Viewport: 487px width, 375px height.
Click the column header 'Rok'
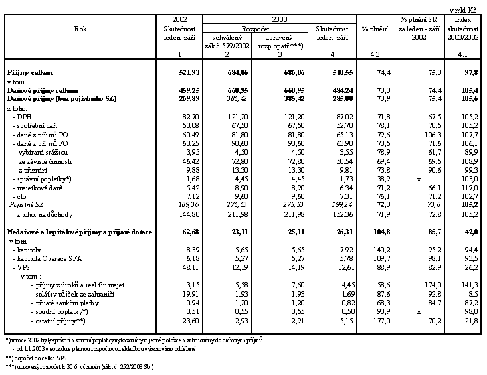[x=80, y=29]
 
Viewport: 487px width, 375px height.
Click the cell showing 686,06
[x=281, y=72]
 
